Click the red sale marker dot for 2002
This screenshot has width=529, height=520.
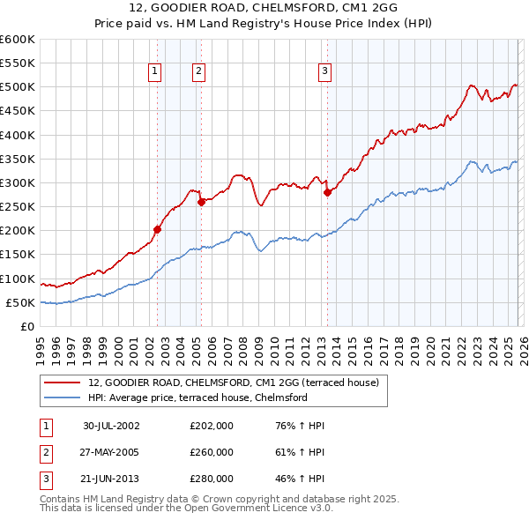tap(158, 229)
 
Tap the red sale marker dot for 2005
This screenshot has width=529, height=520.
tap(201, 202)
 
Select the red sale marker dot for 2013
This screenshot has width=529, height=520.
tap(327, 192)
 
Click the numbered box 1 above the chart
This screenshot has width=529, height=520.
tap(155, 71)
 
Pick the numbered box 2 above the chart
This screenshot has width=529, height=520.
tap(198, 71)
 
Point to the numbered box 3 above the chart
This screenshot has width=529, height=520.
tap(324, 71)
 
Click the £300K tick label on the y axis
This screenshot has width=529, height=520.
tap(17, 182)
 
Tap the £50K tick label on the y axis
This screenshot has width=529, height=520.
tap(19, 302)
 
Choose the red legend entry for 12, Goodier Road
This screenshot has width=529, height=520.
tap(233, 383)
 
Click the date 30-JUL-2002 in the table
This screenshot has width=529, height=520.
tap(111, 426)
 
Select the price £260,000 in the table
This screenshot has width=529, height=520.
tap(211, 452)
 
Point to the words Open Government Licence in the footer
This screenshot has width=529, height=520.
tap(253, 508)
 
